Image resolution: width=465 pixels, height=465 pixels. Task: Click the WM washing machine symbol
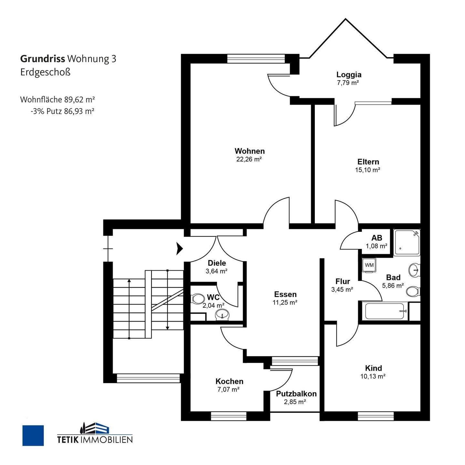[369, 265]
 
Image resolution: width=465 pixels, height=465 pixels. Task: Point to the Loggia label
[349, 75]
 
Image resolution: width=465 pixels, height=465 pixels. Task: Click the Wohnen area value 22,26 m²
[249, 159]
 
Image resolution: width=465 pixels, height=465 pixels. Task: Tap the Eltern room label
[368, 162]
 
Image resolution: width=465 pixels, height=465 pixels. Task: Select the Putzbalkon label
[296, 394]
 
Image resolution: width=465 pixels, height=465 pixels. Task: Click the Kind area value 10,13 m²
[373, 376]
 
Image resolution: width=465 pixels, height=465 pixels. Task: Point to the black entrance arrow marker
[180, 248]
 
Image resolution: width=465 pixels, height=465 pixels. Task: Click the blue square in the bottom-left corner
[33, 435]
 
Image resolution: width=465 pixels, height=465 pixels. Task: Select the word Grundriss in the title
[43, 59]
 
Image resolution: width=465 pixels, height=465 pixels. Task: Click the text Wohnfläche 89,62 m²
[57, 99]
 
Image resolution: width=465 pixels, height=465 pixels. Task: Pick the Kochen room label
[229, 381]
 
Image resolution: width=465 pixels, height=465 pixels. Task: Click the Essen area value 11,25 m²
[285, 303]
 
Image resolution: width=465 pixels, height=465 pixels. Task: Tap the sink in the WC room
[222, 314]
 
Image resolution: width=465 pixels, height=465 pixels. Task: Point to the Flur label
[343, 281]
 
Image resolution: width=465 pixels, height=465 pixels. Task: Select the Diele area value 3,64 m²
[216, 271]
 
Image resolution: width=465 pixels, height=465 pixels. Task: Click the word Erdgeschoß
[45, 72]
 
